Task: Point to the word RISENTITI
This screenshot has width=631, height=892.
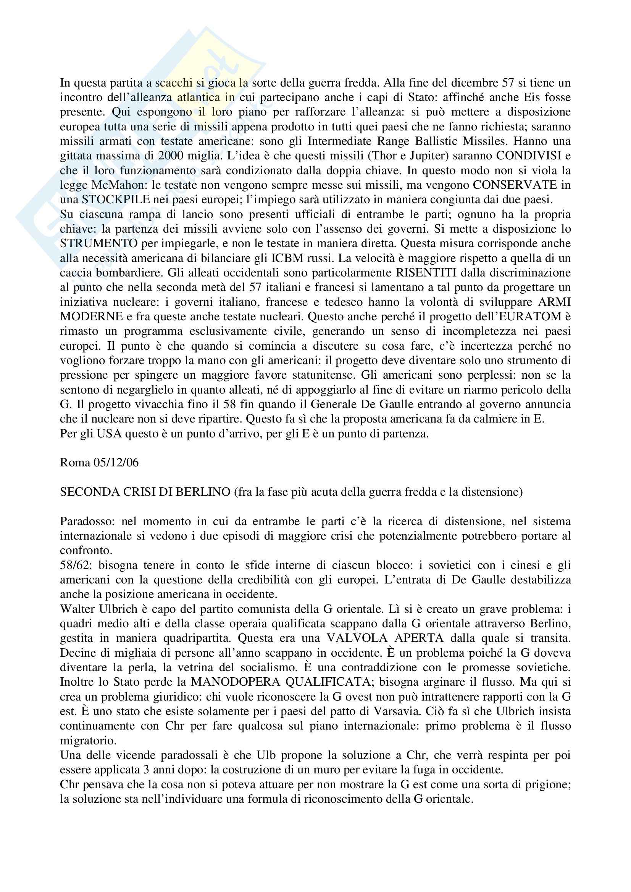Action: click(426, 273)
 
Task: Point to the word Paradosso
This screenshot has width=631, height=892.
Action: click(86, 521)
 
